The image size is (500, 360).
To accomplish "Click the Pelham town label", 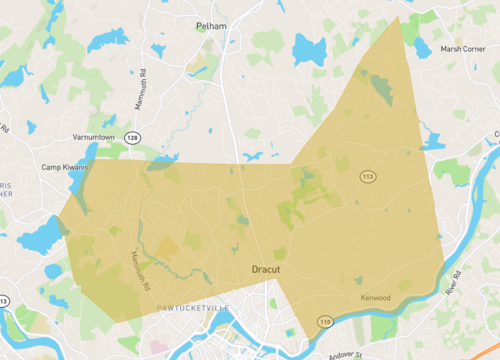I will [240, 25].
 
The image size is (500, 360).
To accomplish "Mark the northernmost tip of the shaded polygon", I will [398, 17].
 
